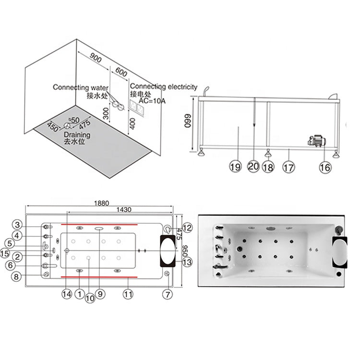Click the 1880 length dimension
pos(101,203)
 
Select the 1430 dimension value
pos(124,209)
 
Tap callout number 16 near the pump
pos(325,167)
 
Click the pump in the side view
pos(317,141)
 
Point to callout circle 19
pos(235,166)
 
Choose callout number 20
pos(253,166)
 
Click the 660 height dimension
pos(188,121)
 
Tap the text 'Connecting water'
pos(80,87)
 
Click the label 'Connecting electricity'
pos(164,86)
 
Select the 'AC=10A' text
pos(152,101)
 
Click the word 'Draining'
pos(77,134)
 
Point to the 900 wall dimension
pos(96,58)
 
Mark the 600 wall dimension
pos(121,72)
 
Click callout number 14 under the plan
pos(67,294)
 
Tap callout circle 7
pos(168,294)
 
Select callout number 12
pos(187,228)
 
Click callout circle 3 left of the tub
pos(17,225)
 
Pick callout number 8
pos(16,276)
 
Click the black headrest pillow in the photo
pos(340,252)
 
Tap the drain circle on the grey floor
pos(67,125)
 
